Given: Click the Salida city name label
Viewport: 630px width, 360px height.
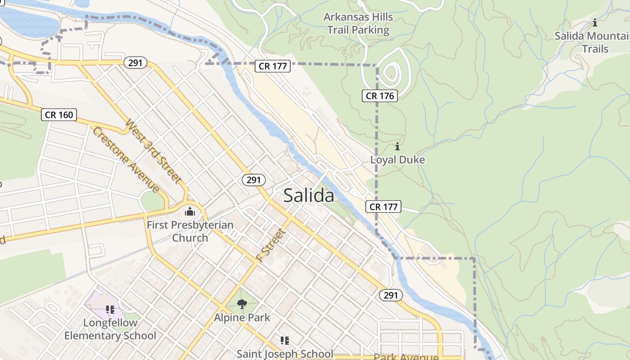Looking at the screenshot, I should coord(309,196).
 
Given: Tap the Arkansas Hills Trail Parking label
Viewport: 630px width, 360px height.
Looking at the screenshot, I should coord(358,24).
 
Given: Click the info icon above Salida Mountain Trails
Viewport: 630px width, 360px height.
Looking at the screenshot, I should coord(595,22).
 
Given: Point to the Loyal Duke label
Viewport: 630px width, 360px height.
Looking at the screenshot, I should coord(397,160).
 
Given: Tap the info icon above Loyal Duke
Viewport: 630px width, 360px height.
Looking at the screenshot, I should coord(397,146).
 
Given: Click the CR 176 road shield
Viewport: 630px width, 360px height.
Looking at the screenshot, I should coord(380,95).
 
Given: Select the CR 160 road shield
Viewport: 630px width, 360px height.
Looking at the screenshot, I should coord(59,115).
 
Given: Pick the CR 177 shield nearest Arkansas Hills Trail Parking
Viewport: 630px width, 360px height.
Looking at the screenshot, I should coord(273,66).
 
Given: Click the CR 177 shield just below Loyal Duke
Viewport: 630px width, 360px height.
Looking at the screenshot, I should coord(383,207).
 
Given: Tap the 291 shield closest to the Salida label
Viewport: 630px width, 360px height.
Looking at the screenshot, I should coord(254,180).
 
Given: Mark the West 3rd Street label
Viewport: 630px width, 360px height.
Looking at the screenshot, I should coord(154,151).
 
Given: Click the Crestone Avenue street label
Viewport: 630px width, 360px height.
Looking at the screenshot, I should coord(126,160).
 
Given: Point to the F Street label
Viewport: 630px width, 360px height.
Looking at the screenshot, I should coord(271,245).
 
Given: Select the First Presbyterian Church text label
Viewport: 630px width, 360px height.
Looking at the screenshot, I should coord(190,231).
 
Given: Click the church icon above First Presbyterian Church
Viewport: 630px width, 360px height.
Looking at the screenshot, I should coord(190,211).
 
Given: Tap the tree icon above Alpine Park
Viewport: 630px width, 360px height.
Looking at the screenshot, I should coord(242,304).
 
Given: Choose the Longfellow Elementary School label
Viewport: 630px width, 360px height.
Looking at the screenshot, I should coord(110,329).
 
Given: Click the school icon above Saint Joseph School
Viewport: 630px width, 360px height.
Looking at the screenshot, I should coord(284,340).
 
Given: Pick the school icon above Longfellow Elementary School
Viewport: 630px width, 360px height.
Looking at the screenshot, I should coord(110,310).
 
